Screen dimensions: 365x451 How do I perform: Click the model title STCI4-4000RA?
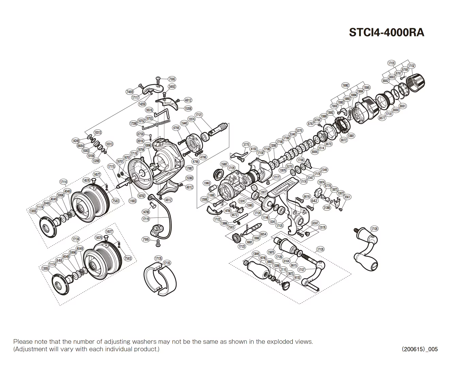coord(386,33)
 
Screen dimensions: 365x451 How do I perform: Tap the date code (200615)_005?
coord(419,349)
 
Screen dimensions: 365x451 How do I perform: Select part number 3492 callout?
coord(172,87)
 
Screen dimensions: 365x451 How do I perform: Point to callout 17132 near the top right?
coord(411,66)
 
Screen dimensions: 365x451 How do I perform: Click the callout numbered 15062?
coord(345,85)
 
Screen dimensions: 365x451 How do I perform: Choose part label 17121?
coord(199,115)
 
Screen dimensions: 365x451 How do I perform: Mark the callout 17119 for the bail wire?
coord(146,219)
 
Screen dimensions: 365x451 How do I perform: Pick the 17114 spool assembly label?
coord(64,182)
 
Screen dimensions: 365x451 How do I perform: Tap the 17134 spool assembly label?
coord(76,239)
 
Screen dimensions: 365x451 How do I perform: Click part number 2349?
coord(324,170)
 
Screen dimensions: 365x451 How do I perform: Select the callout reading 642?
coord(314,201)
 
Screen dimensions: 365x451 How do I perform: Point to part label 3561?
coord(347,197)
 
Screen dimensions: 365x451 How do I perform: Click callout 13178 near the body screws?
coord(322,227)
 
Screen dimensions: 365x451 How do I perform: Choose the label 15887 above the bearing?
coord(224,164)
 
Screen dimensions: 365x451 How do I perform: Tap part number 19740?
coord(263,258)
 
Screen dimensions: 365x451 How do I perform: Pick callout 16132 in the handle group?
coord(297,278)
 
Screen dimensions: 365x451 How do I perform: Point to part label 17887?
coord(190,168)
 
